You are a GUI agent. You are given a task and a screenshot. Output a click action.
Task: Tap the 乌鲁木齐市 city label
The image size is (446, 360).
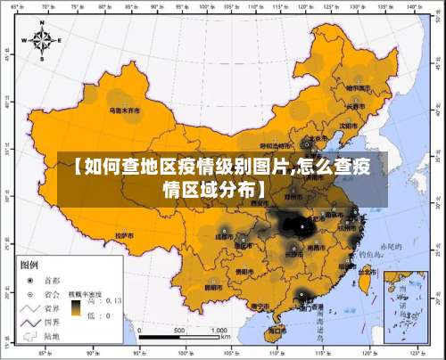(126, 111)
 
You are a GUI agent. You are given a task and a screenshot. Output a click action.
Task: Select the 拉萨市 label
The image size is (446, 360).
(124, 236)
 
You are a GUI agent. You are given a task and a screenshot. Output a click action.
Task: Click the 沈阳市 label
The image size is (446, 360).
(349, 126)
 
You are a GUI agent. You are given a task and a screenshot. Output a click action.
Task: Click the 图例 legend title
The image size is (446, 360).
(29, 266)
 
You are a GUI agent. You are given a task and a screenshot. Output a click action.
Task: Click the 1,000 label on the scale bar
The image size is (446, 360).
(217, 330)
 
